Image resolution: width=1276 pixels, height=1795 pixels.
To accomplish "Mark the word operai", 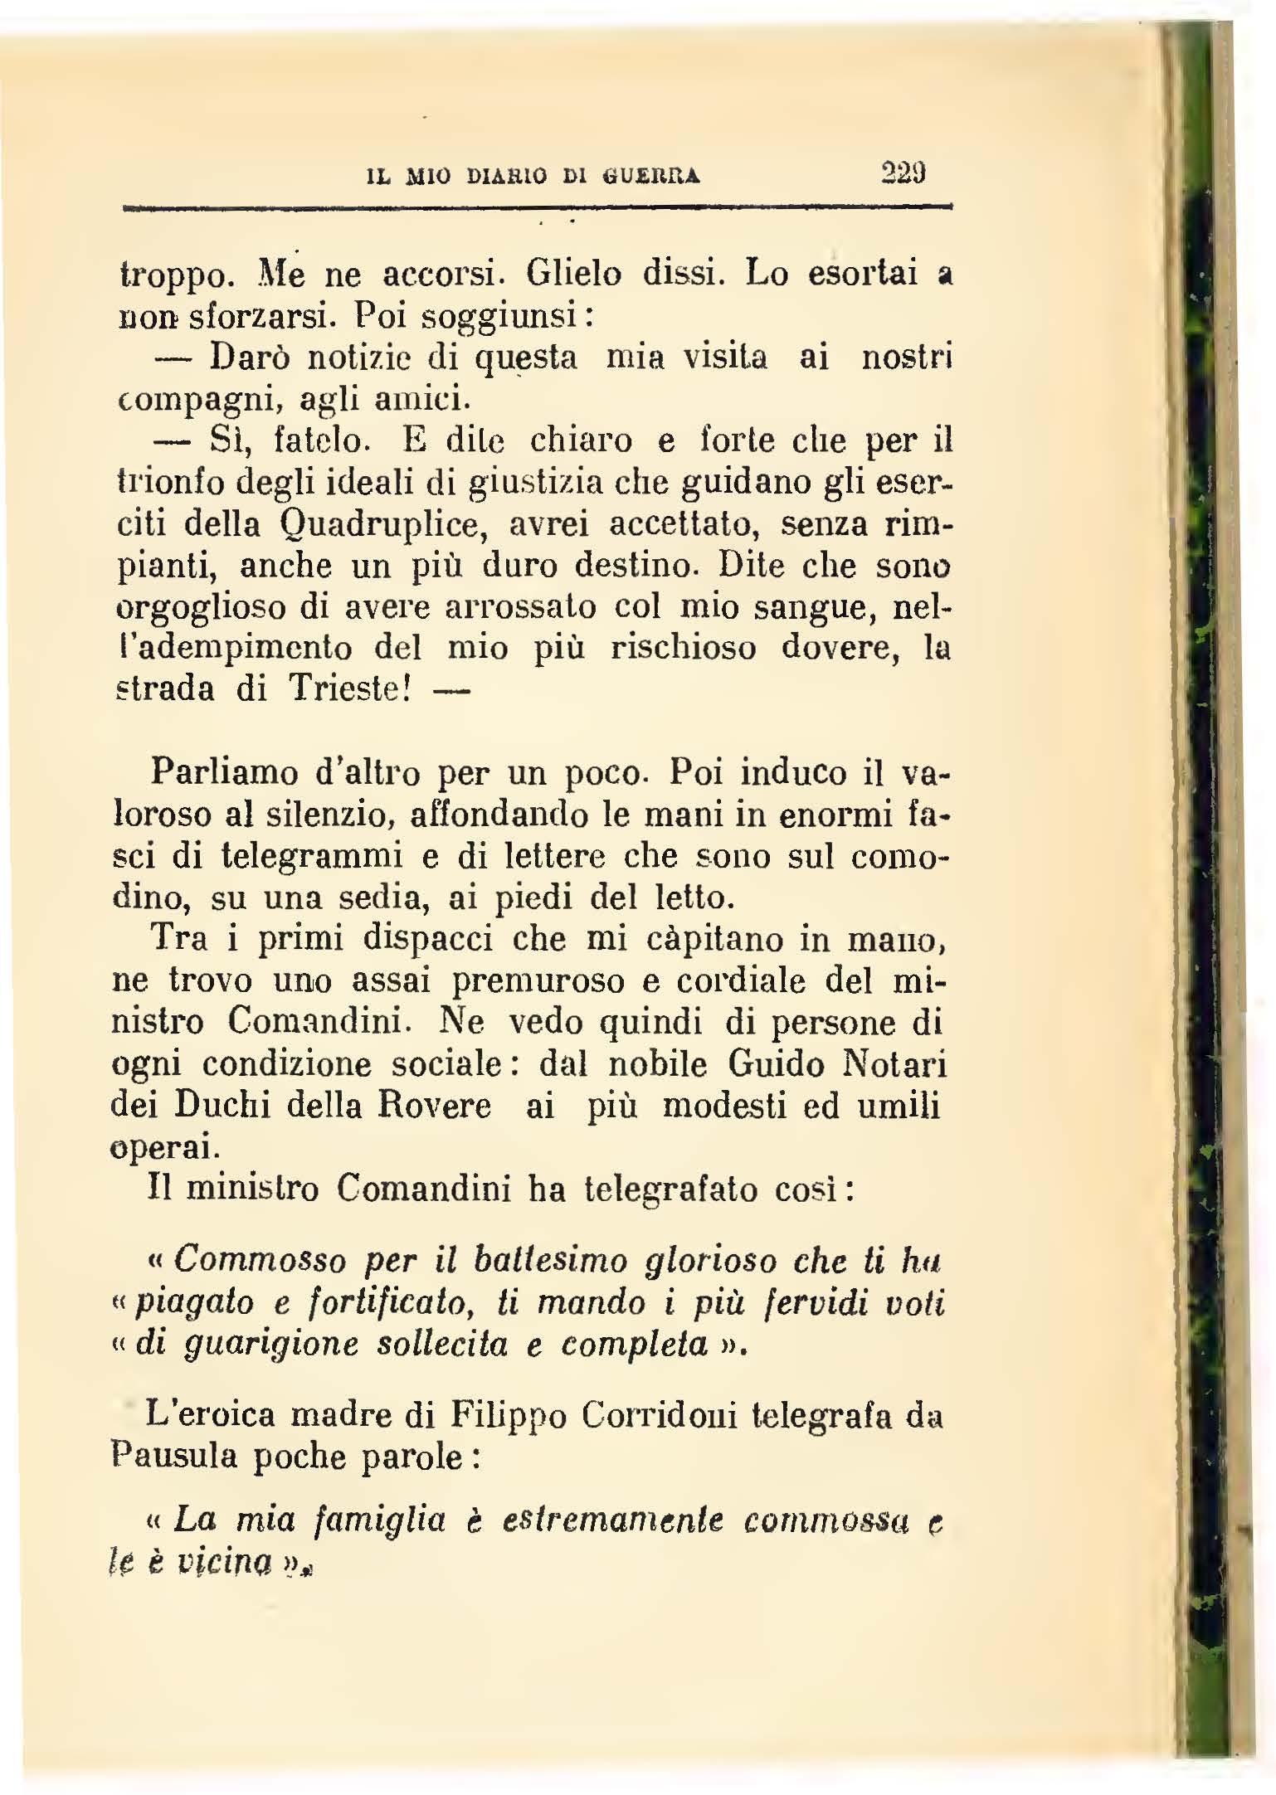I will coord(164,1147).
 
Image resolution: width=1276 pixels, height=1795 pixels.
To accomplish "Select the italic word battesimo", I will coord(548,1261).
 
